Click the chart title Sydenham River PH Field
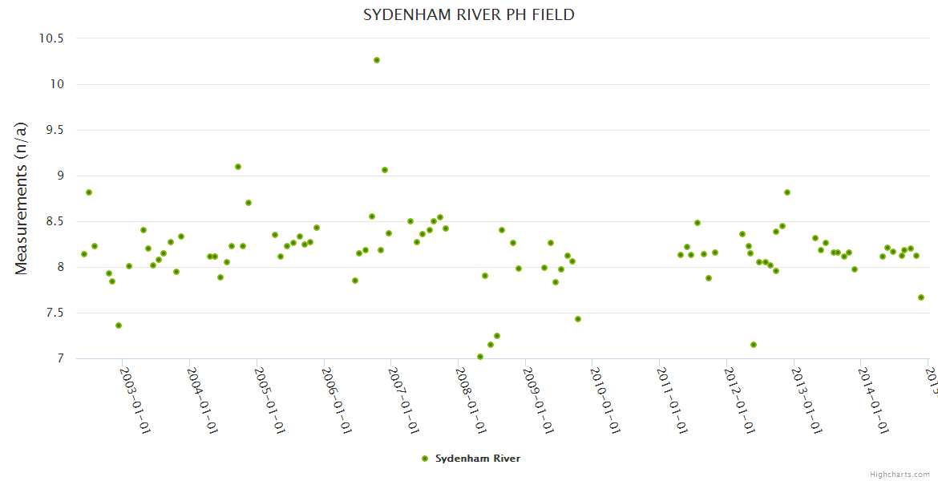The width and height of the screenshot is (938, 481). [x=469, y=14]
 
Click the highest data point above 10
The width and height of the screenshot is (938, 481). [x=377, y=60]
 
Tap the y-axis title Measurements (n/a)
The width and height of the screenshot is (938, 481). [x=22, y=198]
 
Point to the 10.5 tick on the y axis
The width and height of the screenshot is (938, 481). [x=51, y=38]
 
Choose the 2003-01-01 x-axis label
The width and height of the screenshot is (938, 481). [x=134, y=402]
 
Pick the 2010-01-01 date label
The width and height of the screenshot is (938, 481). [x=604, y=402]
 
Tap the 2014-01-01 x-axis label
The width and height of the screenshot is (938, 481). [x=871, y=402]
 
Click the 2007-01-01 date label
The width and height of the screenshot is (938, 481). [x=402, y=402]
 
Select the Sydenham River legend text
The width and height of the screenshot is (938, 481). [x=478, y=459]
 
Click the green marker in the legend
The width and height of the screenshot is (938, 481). [x=425, y=459]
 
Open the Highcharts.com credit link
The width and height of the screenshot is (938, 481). [x=900, y=475]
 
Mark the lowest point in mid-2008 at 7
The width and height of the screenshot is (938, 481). [x=480, y=357]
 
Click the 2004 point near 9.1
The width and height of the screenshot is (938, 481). [x=238, y=167]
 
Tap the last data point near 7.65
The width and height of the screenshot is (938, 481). [x=921, y=297]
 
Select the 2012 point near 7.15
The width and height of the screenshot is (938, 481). [x=754, y=345]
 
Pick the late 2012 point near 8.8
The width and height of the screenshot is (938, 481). [x=787, y=192]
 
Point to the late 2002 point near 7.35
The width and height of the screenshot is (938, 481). [x=119, y=325]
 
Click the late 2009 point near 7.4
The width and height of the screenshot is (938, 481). [x=578, y=319]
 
